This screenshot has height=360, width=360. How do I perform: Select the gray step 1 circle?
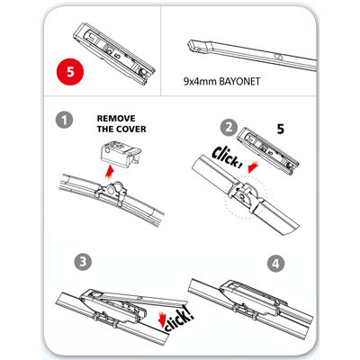pos(62,121)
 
